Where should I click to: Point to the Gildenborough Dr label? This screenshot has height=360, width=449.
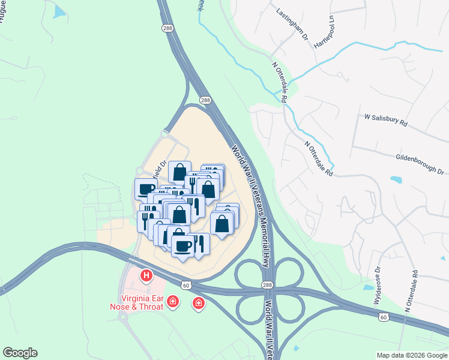point(419,163)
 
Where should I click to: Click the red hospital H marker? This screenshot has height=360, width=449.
point(146,277)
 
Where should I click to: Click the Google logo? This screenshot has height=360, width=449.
point(20,353)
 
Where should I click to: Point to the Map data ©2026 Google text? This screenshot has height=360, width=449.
point(411,355)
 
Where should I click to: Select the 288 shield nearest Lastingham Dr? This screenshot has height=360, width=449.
point(167,28)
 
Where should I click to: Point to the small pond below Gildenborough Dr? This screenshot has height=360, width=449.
point(397,179)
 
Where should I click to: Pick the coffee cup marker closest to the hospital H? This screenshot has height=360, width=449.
point(183,245)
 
